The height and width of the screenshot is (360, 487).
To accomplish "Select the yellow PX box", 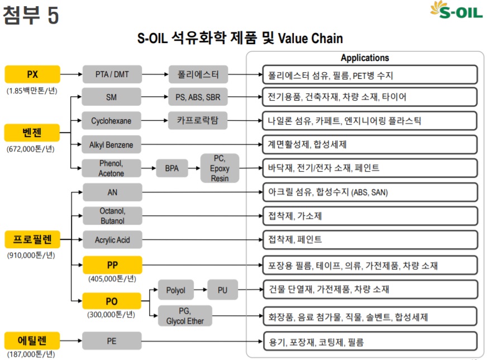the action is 32,74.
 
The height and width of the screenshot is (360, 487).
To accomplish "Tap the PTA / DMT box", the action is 112,74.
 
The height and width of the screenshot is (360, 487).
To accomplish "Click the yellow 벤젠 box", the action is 32,133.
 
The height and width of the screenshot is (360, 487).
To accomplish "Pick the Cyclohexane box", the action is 112,121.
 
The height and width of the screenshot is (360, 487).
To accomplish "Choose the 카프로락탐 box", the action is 198,121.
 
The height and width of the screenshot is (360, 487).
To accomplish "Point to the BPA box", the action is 171,168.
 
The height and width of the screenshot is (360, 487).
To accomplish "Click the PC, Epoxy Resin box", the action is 219,168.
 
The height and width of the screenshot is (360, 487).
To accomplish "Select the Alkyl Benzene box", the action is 112,145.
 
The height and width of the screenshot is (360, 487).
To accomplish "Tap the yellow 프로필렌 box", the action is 32,240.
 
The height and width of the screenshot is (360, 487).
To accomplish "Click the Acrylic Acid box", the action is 112,240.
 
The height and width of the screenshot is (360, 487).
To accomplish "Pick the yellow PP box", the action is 112,264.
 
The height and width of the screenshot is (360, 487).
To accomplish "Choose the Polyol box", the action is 175,290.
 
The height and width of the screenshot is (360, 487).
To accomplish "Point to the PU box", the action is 223,290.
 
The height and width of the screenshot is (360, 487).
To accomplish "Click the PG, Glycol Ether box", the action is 185,316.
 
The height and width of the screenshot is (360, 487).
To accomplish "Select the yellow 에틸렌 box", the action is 32,340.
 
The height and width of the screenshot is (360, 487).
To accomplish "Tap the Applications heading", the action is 365,58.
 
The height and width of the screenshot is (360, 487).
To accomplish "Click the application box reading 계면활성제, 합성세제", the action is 370,145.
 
